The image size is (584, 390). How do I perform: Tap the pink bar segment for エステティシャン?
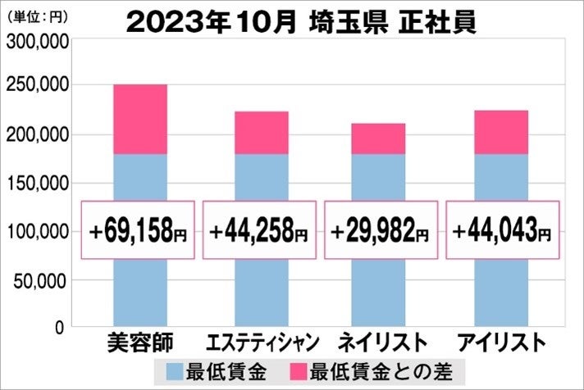pyautogui.click(x=261, y=133)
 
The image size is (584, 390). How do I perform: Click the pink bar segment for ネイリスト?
pyautogui.click(x=378, y=138)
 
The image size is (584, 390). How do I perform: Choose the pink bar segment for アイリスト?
pyautogui.click(x=500, y=132)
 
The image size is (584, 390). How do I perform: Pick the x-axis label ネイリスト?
pyautogui.click(x=381, y=342)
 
